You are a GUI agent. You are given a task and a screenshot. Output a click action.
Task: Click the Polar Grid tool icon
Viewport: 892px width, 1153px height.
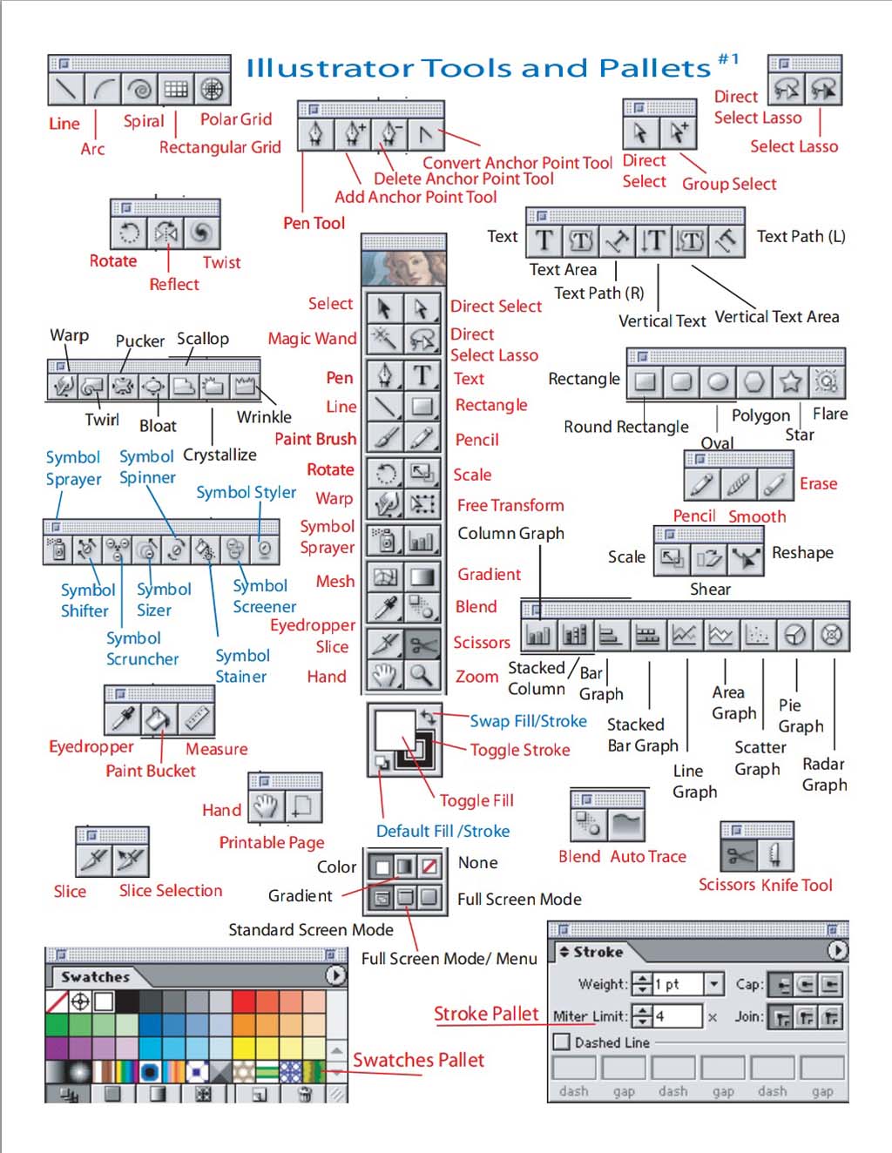(x=212, y=88)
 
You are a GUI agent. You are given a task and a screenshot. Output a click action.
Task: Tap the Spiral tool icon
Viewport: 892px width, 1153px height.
(x=139, y=88)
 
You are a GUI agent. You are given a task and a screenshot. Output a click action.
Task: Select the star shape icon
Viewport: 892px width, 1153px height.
(x=790, y=381)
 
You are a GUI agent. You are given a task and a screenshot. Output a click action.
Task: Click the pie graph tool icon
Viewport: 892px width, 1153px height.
(x=794, y=635)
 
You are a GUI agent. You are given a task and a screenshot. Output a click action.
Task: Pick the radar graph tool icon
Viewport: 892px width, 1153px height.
(x=832, y=635)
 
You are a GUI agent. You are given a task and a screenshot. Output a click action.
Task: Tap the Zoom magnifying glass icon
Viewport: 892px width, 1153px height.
(x=422, y=673)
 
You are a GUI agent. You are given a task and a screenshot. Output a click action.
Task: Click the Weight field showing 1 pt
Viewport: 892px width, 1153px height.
(x=679, y=984)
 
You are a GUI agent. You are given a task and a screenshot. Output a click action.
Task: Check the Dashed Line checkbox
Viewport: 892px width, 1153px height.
(x=562, y=1042)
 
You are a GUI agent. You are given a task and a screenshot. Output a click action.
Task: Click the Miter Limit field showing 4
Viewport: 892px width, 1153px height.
(x=677, y=1015)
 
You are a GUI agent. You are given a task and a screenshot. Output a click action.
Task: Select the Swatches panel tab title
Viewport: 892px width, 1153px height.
(x=95, y=977)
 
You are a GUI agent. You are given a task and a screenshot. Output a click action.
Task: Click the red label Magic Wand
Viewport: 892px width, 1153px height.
(x=312, y=339)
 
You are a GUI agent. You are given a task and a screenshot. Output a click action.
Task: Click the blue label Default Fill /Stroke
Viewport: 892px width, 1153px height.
(x=443, y=831)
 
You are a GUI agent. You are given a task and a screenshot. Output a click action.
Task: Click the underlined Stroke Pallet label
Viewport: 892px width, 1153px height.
(x=486, y=1014)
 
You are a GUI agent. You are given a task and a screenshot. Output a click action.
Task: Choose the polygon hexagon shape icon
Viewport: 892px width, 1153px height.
(x=754, y=381)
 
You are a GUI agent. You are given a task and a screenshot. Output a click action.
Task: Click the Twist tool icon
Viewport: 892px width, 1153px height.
(x=201, y=232)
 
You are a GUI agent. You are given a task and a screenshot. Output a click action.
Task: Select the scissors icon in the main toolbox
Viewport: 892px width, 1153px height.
(x=422, y=644)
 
